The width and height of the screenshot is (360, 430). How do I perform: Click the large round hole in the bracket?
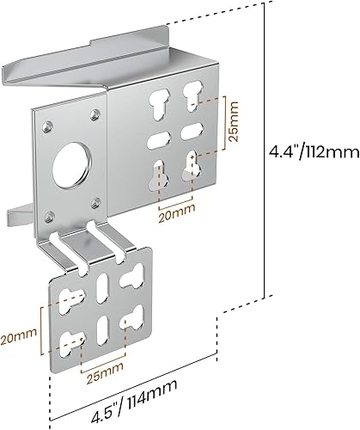pos(67,165)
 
